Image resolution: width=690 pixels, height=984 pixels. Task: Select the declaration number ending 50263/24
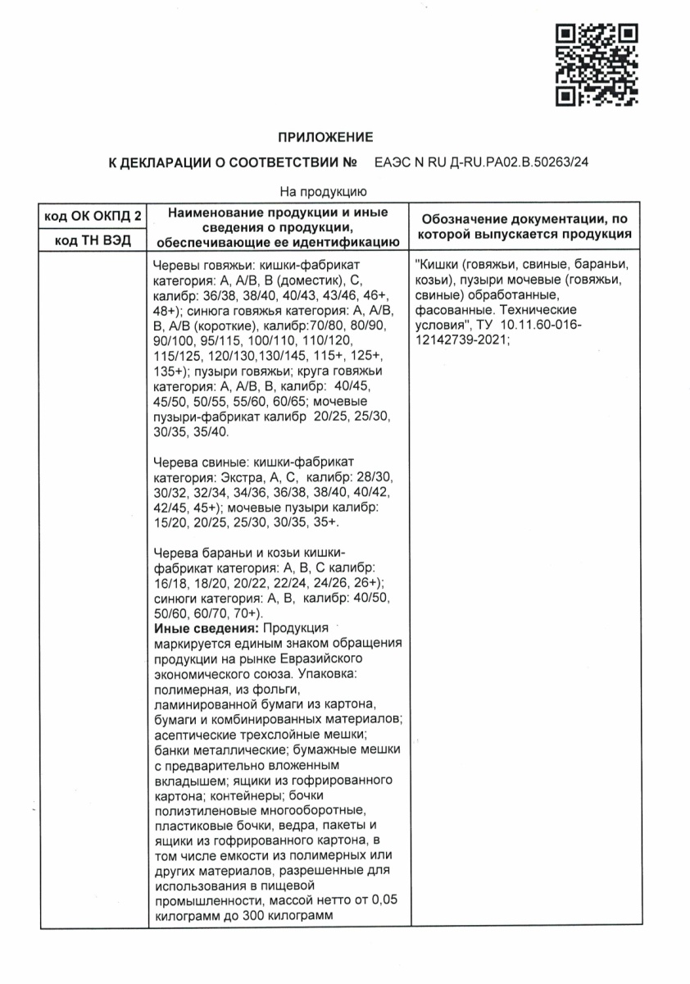tap(481, 163)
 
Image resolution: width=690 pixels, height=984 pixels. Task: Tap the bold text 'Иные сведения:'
tap(197, 628)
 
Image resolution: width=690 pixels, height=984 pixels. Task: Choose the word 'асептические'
tap(193, 733)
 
